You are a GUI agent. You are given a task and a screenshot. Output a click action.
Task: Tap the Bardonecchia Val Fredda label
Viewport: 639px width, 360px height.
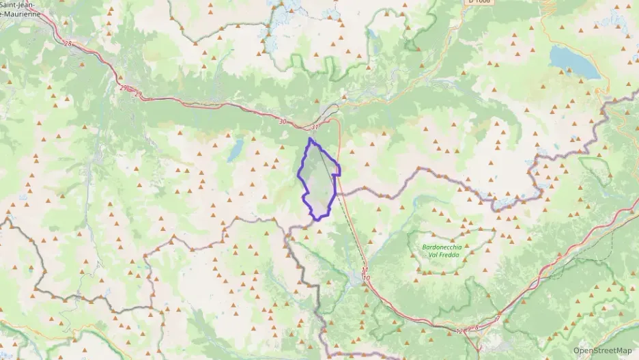pyautogui.click(x=442, y=251)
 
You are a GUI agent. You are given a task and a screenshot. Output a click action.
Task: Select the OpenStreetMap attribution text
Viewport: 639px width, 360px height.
pyautogui.click(x=603, y=350)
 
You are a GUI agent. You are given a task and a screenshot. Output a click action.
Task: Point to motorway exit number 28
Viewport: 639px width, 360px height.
pyautogui.click(x=67, y=44)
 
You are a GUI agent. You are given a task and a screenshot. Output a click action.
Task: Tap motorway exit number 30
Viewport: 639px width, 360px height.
pyautogui.click(x=283, y=122)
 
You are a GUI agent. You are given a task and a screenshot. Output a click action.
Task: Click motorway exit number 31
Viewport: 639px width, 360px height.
pyautogui.click(x=314, y=127)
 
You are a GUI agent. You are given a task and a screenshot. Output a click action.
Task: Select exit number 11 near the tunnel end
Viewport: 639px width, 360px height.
pyautogui.click(x=365, y=271)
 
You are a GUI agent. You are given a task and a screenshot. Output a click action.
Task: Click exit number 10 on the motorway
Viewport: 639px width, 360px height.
pyautogui.click(x=367, y=278)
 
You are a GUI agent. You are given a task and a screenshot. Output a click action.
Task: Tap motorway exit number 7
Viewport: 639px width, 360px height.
pyautogui.click(x=498, y=319)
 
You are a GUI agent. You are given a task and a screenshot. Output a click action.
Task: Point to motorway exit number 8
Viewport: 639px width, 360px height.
pyautogui.click(x=476, y=327)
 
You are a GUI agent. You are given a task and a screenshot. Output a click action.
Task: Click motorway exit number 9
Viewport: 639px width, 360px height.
pyautogui.click(x=469, y=330)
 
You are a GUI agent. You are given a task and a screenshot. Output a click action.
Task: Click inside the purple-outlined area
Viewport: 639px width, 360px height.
pyautogui.click(x=317, y=179)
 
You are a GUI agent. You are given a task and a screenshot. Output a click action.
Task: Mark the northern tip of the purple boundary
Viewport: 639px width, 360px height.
pyautogui.click(x=310, y=139)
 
